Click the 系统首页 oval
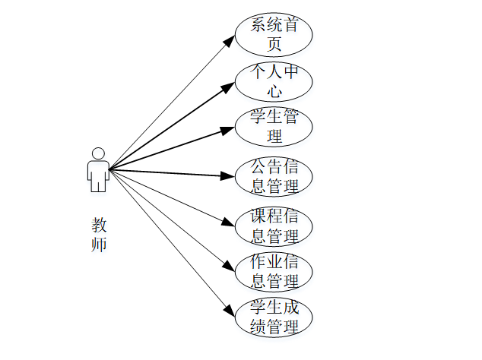click(x=274, y=34)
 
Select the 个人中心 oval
click(x=274, y=82)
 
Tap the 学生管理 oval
click(x=274, y=127)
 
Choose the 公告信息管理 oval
click(x=274, y=176)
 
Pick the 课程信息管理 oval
click(x=274, y=225)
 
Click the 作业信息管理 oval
click(x=274, y=271)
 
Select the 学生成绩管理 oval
click(x=274, y=317)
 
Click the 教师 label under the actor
click(x=99, y=235)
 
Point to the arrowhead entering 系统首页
click(x=230, y=38)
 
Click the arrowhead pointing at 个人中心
click(x=228, y=86)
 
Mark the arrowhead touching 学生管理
click(x=228, y=130)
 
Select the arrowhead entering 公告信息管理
click(x=228, y=176)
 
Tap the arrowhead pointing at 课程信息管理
click(x=229, y=223)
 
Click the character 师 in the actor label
click(x=99, y=245)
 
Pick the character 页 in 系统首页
click(x=274, y=44)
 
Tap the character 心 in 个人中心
click(x=274, y=92)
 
